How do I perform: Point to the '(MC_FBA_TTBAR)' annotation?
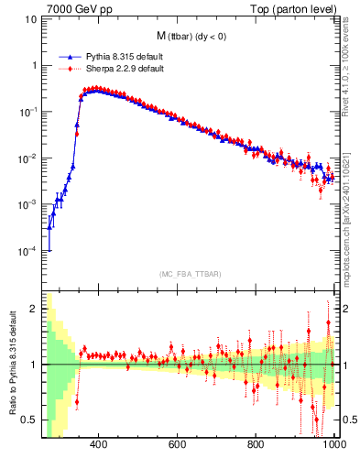click(x=190, y=274)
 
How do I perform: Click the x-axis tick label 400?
click(x=99, y=444)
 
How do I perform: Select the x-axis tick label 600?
click(x=178, y=444)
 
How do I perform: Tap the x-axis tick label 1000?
click(x=333, y=444)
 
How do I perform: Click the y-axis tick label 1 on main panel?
click(x=35, y=65)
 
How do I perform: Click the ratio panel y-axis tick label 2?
click(x=35, y=310)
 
